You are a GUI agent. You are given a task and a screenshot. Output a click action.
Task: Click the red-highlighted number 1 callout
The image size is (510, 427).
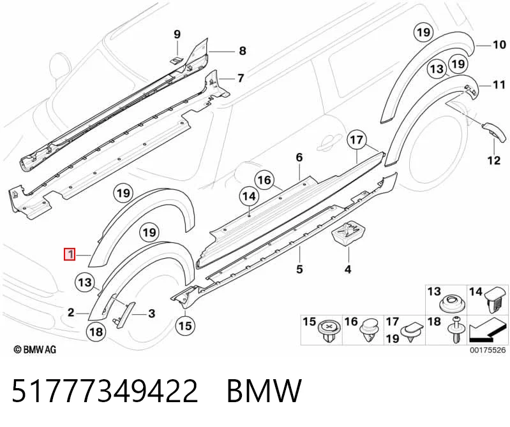click(70, 254)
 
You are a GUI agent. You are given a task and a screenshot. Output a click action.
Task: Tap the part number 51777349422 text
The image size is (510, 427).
click(105, 391)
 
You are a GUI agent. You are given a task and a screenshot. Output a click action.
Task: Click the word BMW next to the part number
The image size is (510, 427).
click(264, 391)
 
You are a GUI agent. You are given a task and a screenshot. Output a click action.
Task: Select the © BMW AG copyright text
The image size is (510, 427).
click(35, 349)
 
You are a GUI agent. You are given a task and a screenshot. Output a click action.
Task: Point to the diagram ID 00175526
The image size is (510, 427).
click(487, 350)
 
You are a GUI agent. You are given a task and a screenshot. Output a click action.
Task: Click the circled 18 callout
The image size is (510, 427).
click(96, 331)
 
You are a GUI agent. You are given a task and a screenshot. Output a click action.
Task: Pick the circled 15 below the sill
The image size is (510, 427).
click(185, 326)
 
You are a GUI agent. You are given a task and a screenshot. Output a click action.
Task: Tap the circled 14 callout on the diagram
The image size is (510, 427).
click(249, 197)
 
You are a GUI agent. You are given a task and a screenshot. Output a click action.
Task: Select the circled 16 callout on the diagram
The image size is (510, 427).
click(265, 180)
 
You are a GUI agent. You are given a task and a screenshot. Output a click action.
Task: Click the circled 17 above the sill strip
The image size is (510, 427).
click(357, 140)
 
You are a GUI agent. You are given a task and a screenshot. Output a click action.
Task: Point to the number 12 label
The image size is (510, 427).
click(494, 160)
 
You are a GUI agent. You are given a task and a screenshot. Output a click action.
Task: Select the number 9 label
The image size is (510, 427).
click(177, 34)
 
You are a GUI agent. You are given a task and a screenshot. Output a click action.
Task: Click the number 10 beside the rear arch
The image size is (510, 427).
click(499, 45)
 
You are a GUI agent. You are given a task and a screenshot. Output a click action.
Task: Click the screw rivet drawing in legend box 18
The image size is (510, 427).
click(458, 329)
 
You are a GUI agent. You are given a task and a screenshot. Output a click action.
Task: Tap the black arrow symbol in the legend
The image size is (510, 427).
click(487, 331)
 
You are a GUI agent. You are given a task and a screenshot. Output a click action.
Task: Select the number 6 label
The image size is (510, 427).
click(299, 157)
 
